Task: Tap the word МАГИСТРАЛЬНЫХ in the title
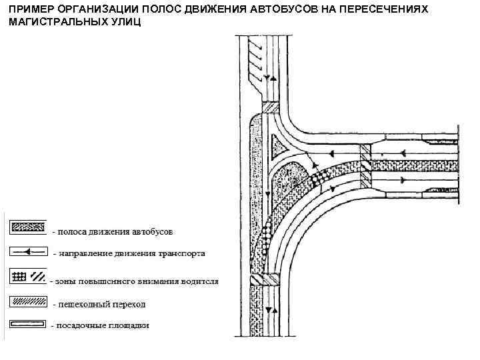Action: tap(57, 22)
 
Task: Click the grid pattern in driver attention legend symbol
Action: tap(19, 276)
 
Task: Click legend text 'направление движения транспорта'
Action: tap(132, 254)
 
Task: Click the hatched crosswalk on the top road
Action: tap(271, 108)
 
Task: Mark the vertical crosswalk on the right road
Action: tap(365, 164)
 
